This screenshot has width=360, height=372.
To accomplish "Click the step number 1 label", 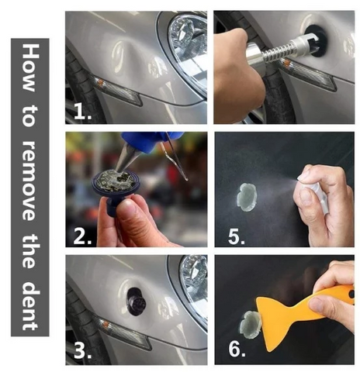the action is (83, 112).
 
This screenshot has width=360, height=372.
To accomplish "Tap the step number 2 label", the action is (83, 236).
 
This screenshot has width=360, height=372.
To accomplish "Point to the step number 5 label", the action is (237, 236).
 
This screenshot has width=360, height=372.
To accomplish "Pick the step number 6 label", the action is (237, 349).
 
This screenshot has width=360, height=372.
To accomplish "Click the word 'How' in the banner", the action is (30, 68).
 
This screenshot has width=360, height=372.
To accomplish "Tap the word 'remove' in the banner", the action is (29, 181).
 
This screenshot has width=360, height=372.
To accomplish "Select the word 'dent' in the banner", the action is (30, 305).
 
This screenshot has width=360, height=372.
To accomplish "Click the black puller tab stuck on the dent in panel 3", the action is (137, 301).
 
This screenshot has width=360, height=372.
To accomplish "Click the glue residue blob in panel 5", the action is (247, 197).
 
